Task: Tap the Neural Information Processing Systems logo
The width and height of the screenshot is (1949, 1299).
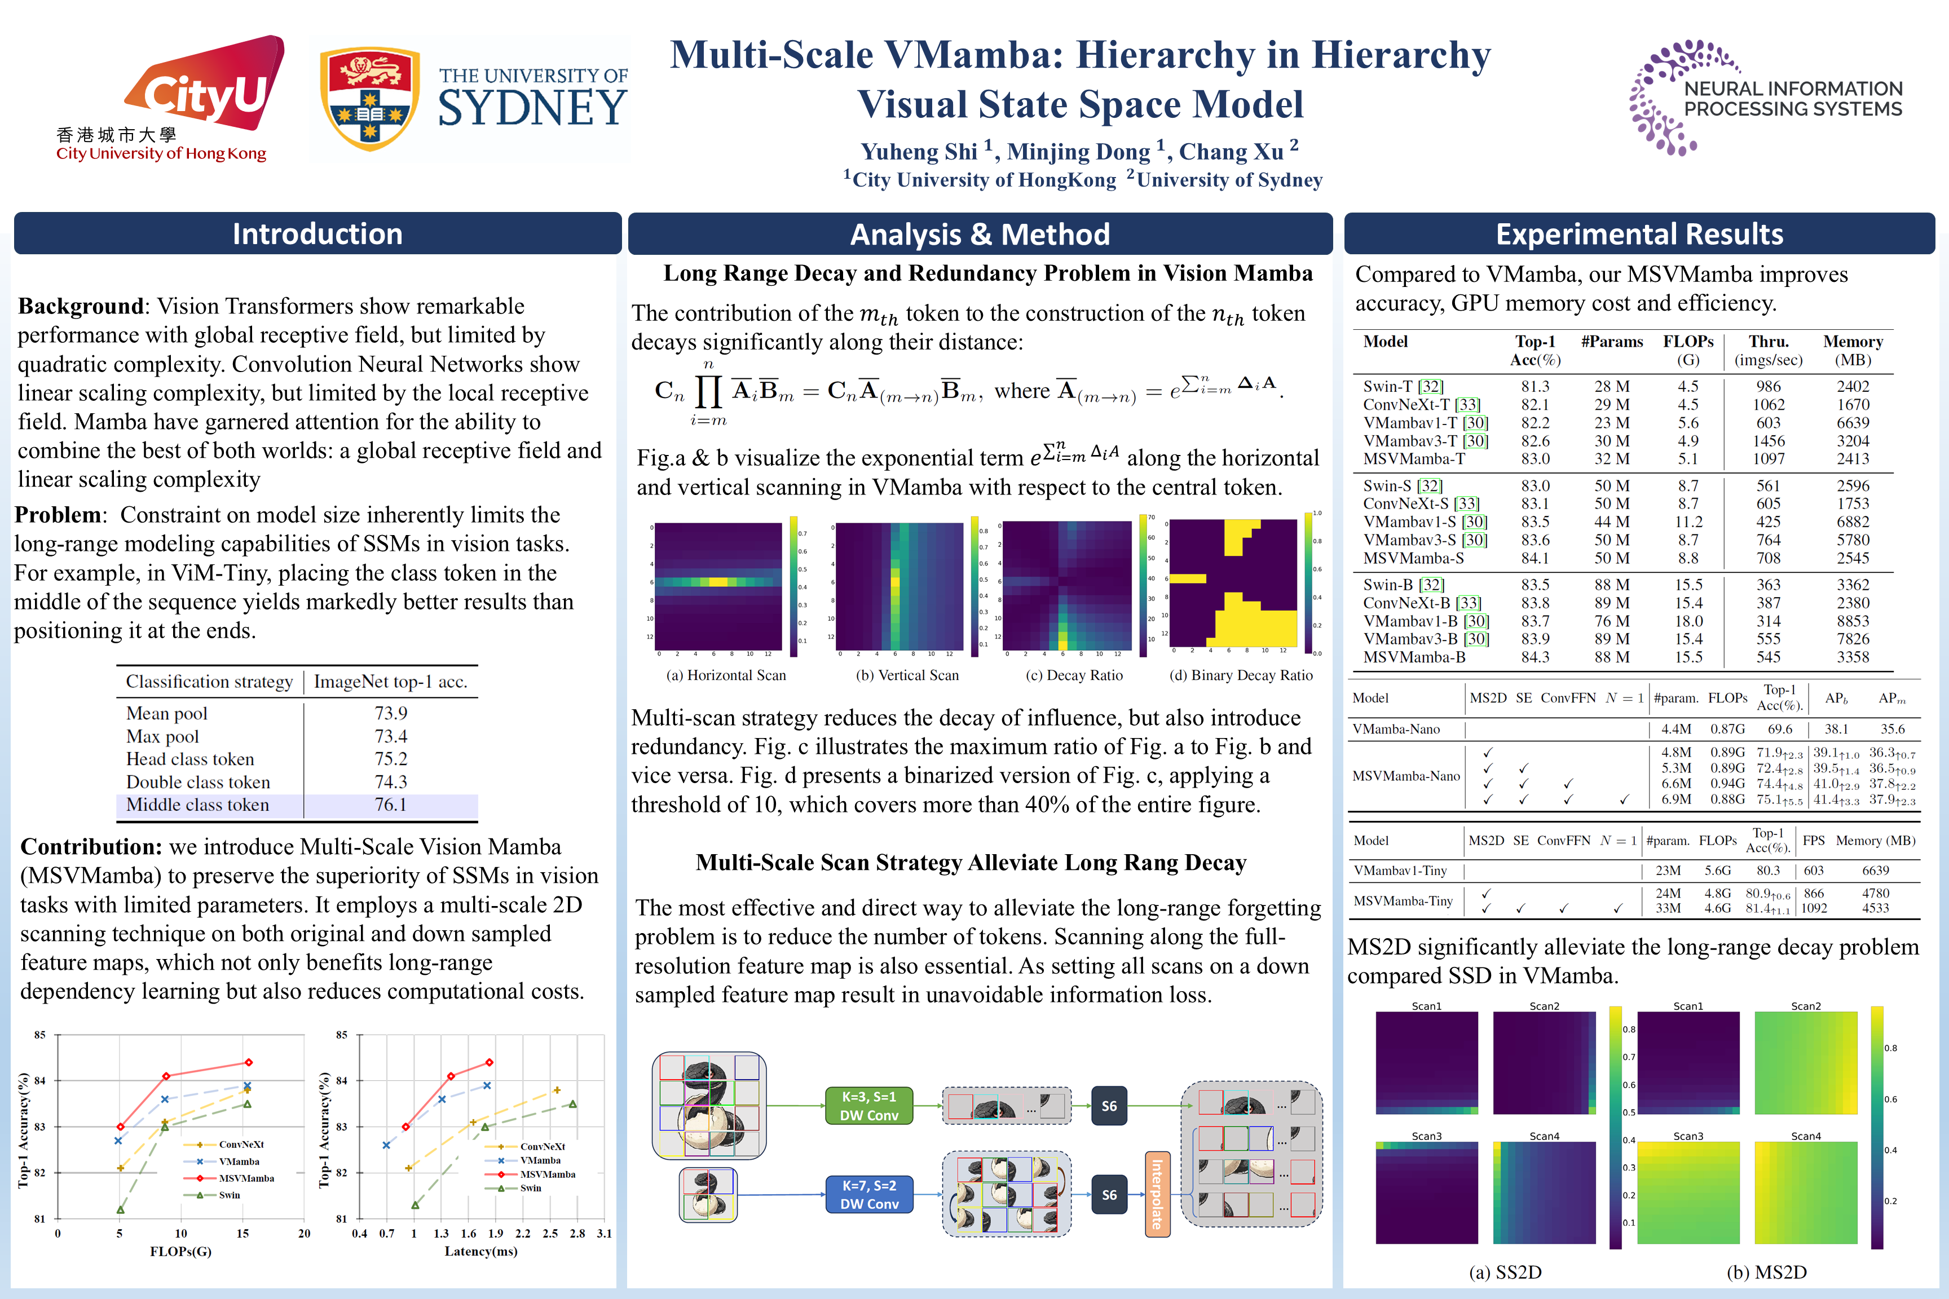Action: pyautogui.click(x=1765, y=98)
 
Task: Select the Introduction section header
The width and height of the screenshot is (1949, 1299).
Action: pyautogui.click(x=318, y=233)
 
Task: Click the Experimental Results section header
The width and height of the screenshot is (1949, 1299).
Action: pyautogui.click(x=1638, y=233)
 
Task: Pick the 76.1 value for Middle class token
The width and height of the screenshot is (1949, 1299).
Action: pyautogui.click(x=390, y=805)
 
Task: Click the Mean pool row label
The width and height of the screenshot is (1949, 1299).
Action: pyautogui.click(x=166, y=713)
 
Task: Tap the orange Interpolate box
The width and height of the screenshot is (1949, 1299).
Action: pyautogui.click(x=1158, y=1194)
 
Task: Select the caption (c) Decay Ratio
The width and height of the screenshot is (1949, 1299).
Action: pyautogui.click(x=1074, y=675)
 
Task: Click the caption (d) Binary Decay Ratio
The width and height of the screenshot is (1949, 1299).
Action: pyautogui.click(x=1241, y=675)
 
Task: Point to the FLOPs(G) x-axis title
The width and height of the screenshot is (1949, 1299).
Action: pyautogui.click(x=180, y=1251)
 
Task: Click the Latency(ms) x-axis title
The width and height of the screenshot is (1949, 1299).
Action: pyautogui.click(x=480, y=1251)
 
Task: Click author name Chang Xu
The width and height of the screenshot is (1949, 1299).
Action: pyautogui.click(x=1232, y=152)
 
